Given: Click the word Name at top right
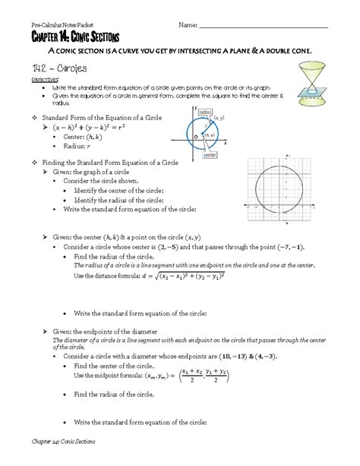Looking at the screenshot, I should pos(188,25).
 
